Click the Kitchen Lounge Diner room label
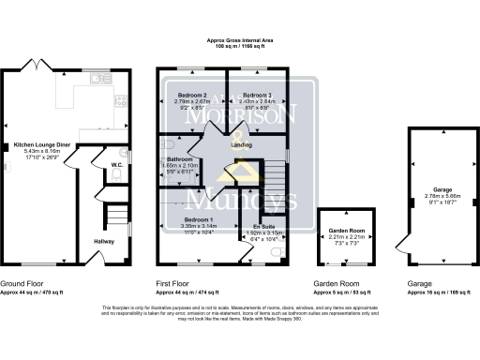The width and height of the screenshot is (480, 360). (x=37, y=144)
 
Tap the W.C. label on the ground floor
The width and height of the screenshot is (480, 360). (x=117, y=166)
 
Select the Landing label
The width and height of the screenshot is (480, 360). (x=241, y=143)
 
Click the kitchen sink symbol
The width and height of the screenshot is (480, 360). (x=97, y=80)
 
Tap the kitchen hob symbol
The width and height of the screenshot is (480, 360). (x=121, y=101)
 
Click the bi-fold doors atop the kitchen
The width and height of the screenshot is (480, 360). (x=37, y=66)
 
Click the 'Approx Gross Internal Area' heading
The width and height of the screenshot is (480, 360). (x=240, y=42)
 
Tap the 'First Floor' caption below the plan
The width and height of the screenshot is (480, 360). (x=172, y=283)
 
